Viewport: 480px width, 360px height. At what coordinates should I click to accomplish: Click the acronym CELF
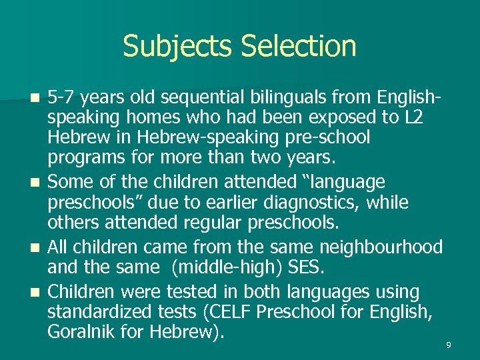(x=236, y=312)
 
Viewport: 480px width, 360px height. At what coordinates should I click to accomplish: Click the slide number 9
(x=449, y=345)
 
